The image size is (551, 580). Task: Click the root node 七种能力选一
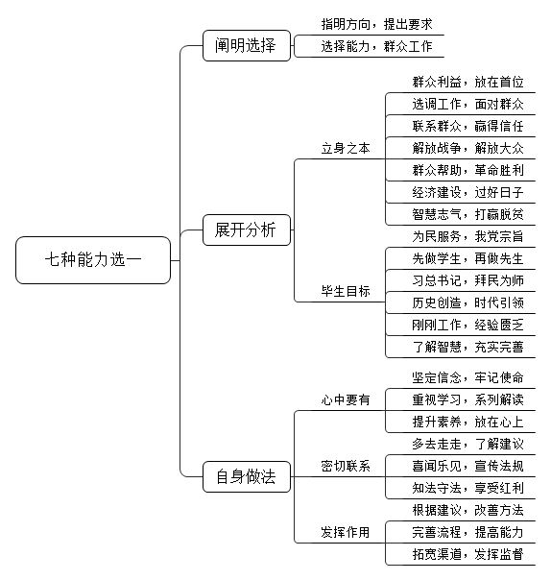[x=93, y=260]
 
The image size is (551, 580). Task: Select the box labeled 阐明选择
[x=247, y=45]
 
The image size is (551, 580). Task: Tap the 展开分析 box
[x=247, y=230]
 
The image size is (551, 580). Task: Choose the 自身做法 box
[x=247, y=476]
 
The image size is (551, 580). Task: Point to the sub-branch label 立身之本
[x=346, y=148]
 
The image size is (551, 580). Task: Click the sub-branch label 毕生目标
[x=346, y=292]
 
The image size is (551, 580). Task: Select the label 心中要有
[x=346, y=399]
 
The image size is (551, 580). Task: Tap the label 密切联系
[x=346, y=466]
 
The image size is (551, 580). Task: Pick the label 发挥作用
[x=346, y=532]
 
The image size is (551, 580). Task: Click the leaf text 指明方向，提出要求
[x=377, y=24]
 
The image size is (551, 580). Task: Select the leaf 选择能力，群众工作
[x=377, y=47]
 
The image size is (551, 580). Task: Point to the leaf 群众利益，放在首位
[x=468, y=83]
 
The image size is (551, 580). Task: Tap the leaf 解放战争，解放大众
[x=468, y=148]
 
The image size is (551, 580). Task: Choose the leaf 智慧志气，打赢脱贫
[x=468, y=214]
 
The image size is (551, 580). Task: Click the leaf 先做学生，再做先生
[x=468, y=258]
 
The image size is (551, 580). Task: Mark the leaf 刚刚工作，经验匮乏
[x=468, y=326]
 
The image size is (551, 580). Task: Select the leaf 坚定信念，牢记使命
[x=468, y=377]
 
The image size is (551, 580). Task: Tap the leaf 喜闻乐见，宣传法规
[x=468, y=466]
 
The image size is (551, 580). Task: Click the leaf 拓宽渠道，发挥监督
[x=468, y=554]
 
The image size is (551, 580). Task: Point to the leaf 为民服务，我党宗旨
[x=468, y=236]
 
